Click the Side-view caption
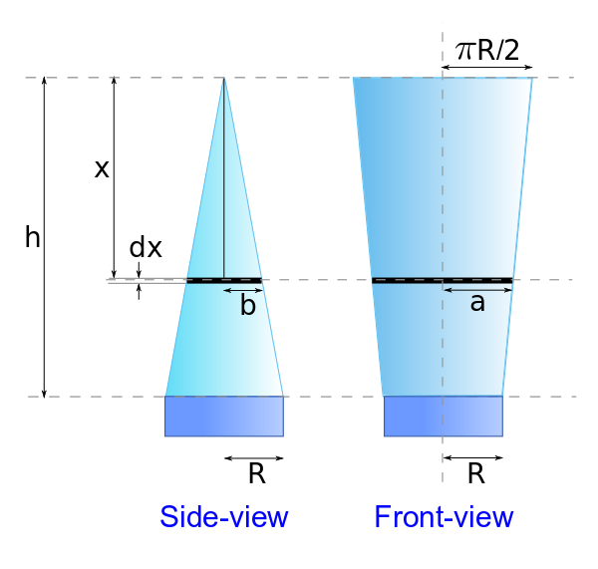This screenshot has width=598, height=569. point(223,517)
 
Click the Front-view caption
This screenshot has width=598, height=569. point(444,517)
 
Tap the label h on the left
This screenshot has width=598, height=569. point(33,237)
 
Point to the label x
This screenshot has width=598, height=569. point(102,168)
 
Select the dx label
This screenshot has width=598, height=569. point(146,247)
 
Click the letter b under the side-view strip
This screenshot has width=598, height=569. point(248,306)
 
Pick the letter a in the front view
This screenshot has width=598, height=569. point(477,304)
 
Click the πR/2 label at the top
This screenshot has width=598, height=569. point(487,50)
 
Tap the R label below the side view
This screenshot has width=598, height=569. point(256,474)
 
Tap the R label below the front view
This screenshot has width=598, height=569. point(475,474)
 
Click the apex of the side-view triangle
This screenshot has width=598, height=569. point(224,79)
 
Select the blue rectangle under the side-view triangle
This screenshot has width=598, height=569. point(224,416)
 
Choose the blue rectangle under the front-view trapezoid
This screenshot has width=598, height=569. point(444,416)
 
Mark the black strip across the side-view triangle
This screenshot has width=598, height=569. point(223,280)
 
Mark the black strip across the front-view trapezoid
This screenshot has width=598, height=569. point(443,280)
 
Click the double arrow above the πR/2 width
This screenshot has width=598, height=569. point(487,68)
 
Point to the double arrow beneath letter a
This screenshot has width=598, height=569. point(477,290)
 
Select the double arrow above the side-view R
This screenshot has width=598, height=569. point(254,458)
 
